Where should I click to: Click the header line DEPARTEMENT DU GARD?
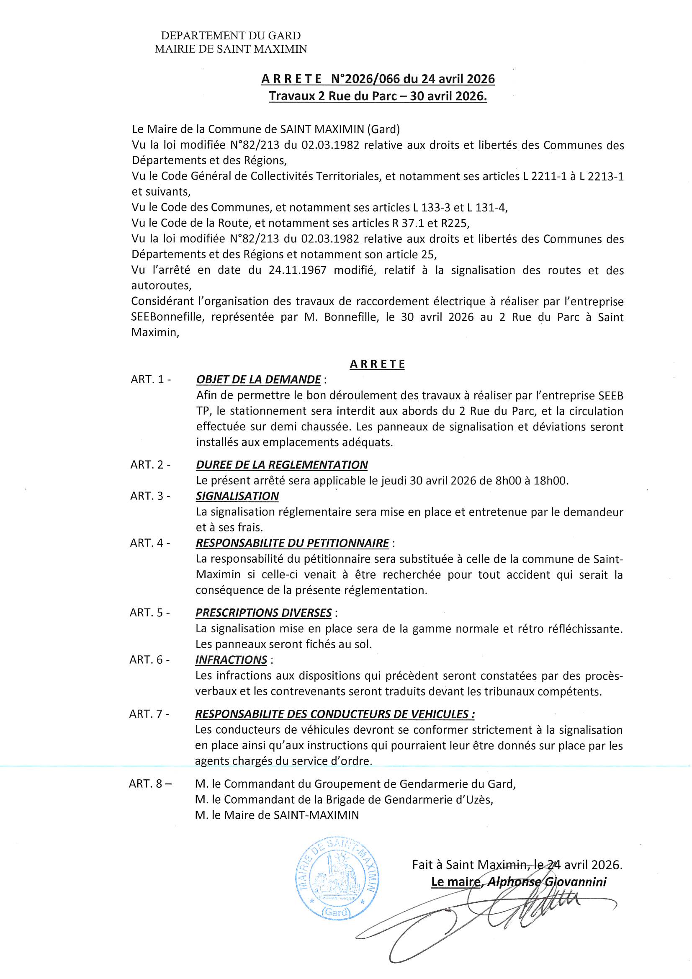pos(231,36)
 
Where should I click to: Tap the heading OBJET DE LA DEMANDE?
pos(258,379)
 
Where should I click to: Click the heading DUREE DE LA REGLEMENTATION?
pos(282,465)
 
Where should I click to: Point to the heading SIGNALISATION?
pos(237,496)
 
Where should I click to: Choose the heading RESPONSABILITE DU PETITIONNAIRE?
pos(292,543)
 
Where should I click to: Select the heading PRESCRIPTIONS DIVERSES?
pos(263,613)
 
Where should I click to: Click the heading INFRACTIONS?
pos(231,660)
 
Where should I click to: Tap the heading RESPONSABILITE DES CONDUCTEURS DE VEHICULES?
pos(335,714)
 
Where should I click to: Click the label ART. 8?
pos(151,784)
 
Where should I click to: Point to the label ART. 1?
pos(151,379)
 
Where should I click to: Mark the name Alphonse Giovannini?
pos(547,882)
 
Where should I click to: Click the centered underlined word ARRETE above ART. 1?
pos(377,364)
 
